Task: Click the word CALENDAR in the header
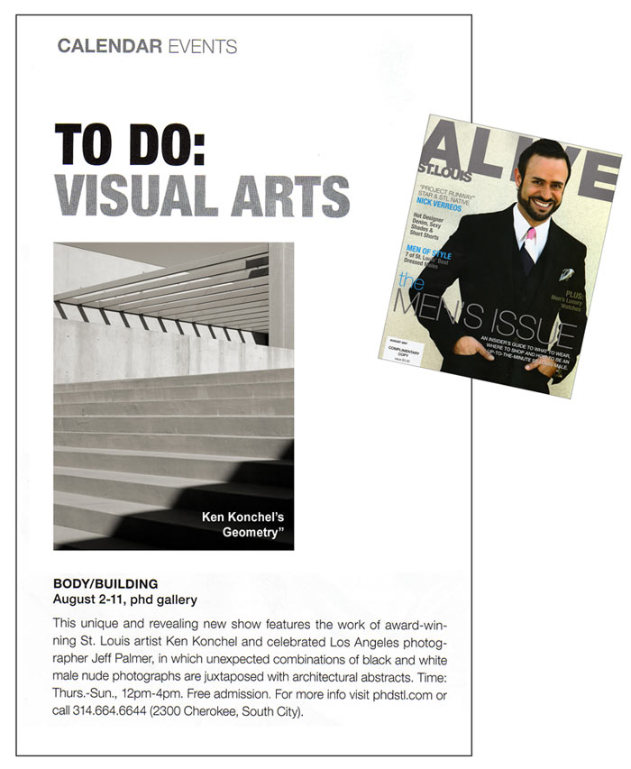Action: pos(110,46)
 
